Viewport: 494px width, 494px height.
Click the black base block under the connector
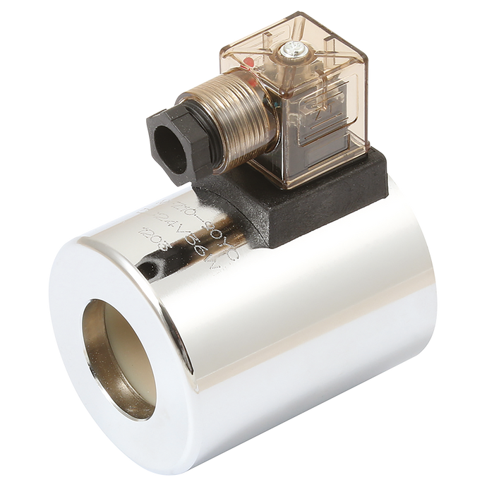pos(296,212)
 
